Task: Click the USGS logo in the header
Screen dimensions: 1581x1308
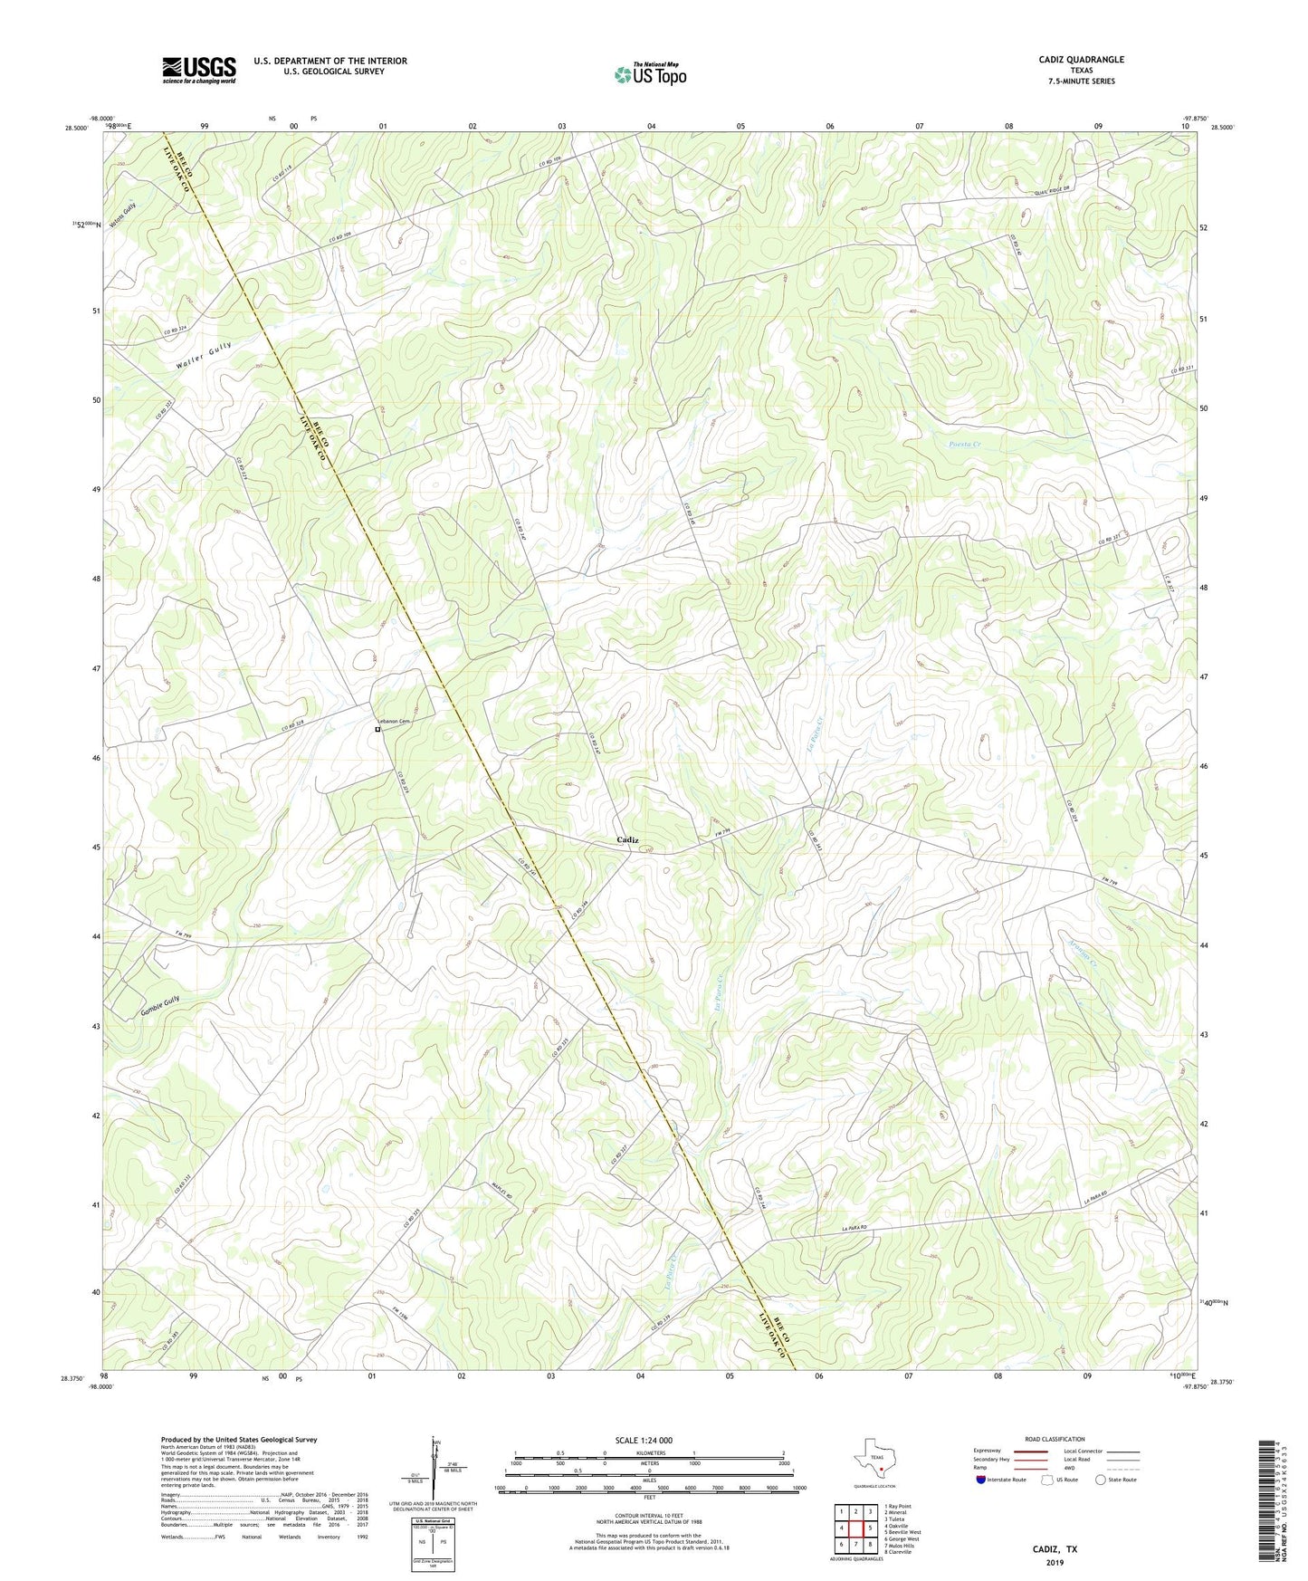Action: click(x=198, y=70)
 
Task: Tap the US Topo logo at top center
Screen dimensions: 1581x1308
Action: click(x=649, y=74)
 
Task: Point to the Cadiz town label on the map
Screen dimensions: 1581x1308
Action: click(x=627, y=840)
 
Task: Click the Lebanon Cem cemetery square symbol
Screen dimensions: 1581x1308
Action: click(x=377, y=729)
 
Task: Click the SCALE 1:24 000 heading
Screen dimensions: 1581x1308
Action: click(x=644, y=1441)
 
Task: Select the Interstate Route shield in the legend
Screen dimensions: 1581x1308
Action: click(x=982, y=1480)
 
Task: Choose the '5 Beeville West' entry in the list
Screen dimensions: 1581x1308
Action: click(x=906, y=1532)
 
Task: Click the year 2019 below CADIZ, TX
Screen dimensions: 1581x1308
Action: click(x=1055, y=1562)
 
